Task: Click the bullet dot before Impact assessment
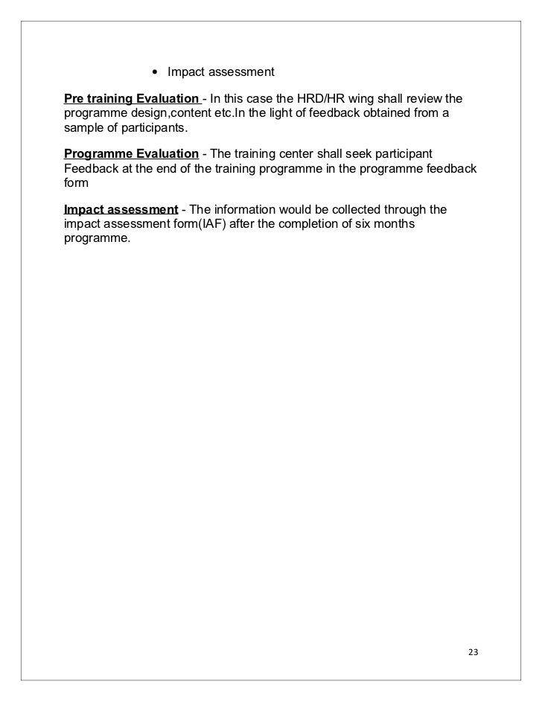pos(154,73)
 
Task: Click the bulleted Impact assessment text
pos(221,72)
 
